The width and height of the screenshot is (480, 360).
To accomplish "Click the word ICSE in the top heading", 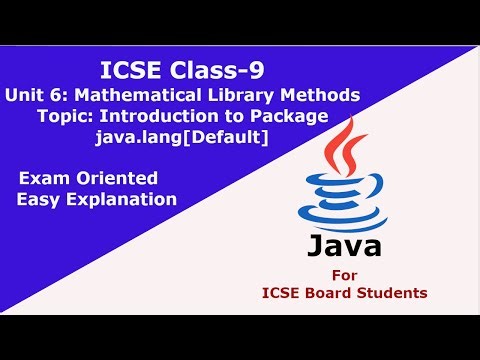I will click(133, 70).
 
